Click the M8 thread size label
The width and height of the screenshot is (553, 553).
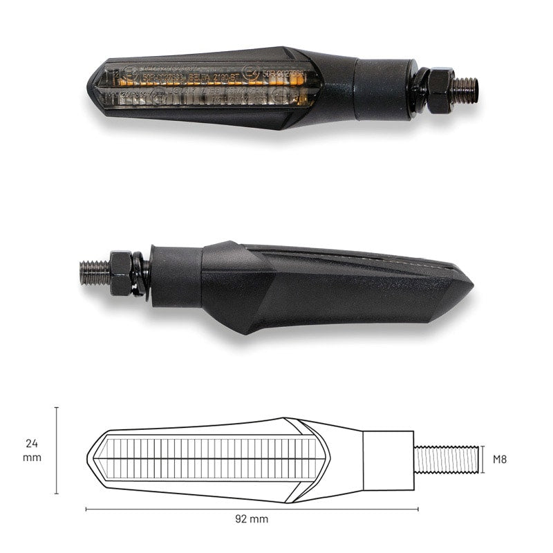click(x=500, y=459)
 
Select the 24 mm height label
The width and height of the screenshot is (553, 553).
click(x=32, y=450)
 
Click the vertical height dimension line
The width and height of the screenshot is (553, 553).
click(x=57, y=451)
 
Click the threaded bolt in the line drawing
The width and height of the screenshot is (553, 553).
click(x=447, y=459)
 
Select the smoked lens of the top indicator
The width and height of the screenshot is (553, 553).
click(x=207, y=88)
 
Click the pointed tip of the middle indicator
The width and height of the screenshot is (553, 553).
click(x=470, y=284)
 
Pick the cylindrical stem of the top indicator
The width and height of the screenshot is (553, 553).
click(x=384, y=88)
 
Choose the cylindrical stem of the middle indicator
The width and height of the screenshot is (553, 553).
click(x=176, y=276)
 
